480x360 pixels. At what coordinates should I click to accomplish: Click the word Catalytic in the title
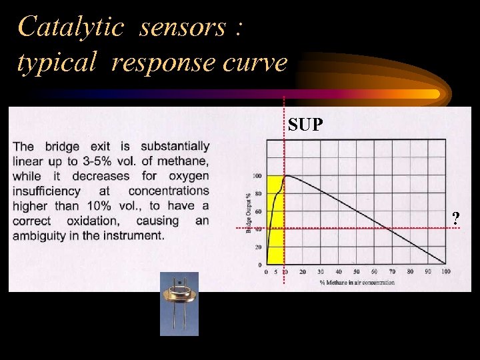pos(71,27)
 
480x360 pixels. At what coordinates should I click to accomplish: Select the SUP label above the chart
pos(306,124)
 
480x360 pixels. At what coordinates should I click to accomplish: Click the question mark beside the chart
pos(455,218)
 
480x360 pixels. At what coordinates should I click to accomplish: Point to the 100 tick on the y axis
pos(257,176)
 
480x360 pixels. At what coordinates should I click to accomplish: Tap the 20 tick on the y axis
pos(258,247)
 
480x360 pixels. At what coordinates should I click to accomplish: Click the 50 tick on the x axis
pos(356,272)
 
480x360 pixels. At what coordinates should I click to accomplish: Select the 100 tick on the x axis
pos(445,272)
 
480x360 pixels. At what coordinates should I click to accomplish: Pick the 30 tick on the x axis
pos(320,272)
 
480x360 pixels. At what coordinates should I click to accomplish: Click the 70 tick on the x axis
pos(392,272)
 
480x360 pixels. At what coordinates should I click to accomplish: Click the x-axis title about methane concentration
pos(356,282)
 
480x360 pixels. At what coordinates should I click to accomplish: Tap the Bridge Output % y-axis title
pos(249,212)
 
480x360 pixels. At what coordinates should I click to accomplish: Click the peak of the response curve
pos(286,176)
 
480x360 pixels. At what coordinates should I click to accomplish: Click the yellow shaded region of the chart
pos(273,240)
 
